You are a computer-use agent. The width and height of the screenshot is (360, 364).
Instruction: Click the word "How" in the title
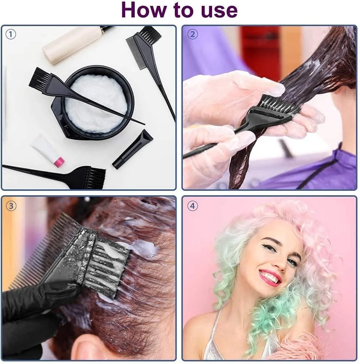(144, 10)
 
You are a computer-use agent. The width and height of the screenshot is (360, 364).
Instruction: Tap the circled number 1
(10, 35)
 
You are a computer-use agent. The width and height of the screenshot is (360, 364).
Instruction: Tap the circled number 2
(193, 34)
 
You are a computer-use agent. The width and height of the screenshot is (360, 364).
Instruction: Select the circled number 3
(11, 206)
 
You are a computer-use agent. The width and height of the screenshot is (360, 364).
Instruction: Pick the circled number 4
(193, 206)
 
